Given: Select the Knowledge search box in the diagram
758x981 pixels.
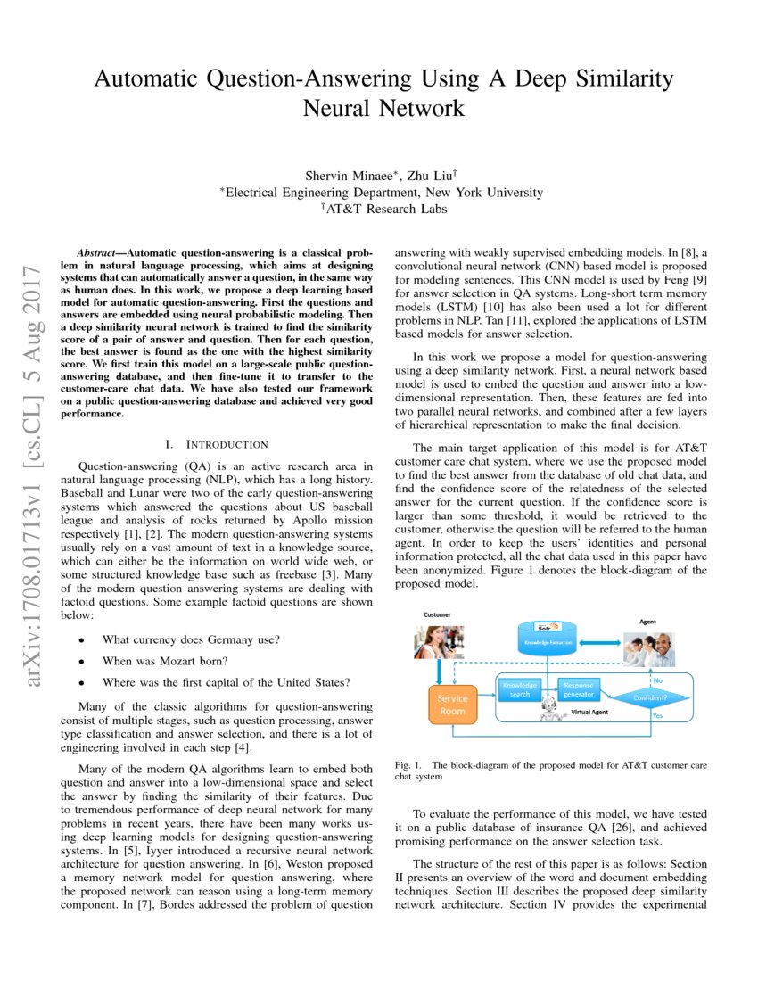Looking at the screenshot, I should click(x=520, y=689).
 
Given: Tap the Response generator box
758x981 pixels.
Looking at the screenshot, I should click(x=577, y=689).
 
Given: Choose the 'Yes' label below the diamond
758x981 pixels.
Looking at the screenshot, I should click(x=657, y=716).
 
